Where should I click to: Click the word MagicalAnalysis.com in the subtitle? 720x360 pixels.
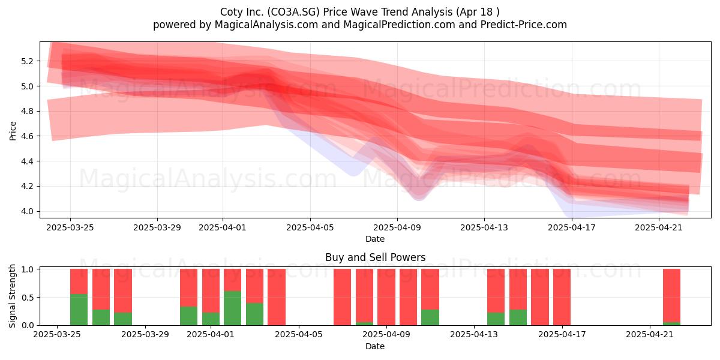266,25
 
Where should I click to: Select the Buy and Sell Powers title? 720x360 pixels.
375,257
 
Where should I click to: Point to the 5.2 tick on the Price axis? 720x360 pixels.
26,61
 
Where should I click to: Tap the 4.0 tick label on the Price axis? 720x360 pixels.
26,211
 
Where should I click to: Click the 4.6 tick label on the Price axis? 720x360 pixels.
26,136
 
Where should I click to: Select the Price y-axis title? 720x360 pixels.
13,131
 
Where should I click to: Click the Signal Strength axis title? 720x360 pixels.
12,296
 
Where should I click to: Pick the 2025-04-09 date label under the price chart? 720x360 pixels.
397,227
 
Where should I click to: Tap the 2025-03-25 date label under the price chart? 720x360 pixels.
70,227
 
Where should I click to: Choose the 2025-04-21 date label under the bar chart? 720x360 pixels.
650,335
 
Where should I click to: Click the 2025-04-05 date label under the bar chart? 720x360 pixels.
299,335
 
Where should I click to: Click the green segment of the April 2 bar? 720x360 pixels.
232,308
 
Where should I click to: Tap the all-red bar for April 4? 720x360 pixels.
277,297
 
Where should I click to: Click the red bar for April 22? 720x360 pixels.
672,295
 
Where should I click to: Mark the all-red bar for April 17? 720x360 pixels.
562,297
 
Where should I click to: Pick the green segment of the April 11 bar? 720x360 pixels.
430,317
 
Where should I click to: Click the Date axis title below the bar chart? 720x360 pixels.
375,346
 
